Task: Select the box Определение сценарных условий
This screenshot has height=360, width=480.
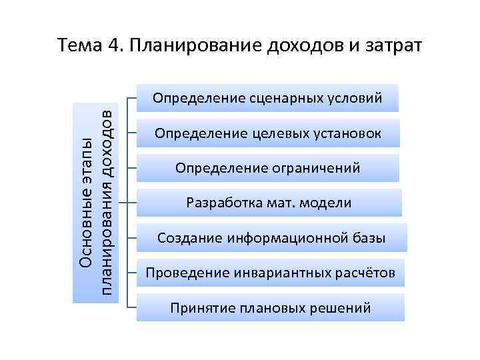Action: tap(268, 99)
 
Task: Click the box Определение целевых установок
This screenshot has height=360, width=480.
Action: tap(268, 134)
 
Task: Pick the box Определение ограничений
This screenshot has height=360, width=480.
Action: tap(268, 169)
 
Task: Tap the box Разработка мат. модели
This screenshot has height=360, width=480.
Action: tap(268, 203)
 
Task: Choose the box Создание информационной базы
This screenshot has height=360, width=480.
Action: tap(270, 237)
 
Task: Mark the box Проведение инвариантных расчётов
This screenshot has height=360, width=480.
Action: tap(270, 273)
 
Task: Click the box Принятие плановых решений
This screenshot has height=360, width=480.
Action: tap(270, 307)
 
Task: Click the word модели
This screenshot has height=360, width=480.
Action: tap(327, 203)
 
